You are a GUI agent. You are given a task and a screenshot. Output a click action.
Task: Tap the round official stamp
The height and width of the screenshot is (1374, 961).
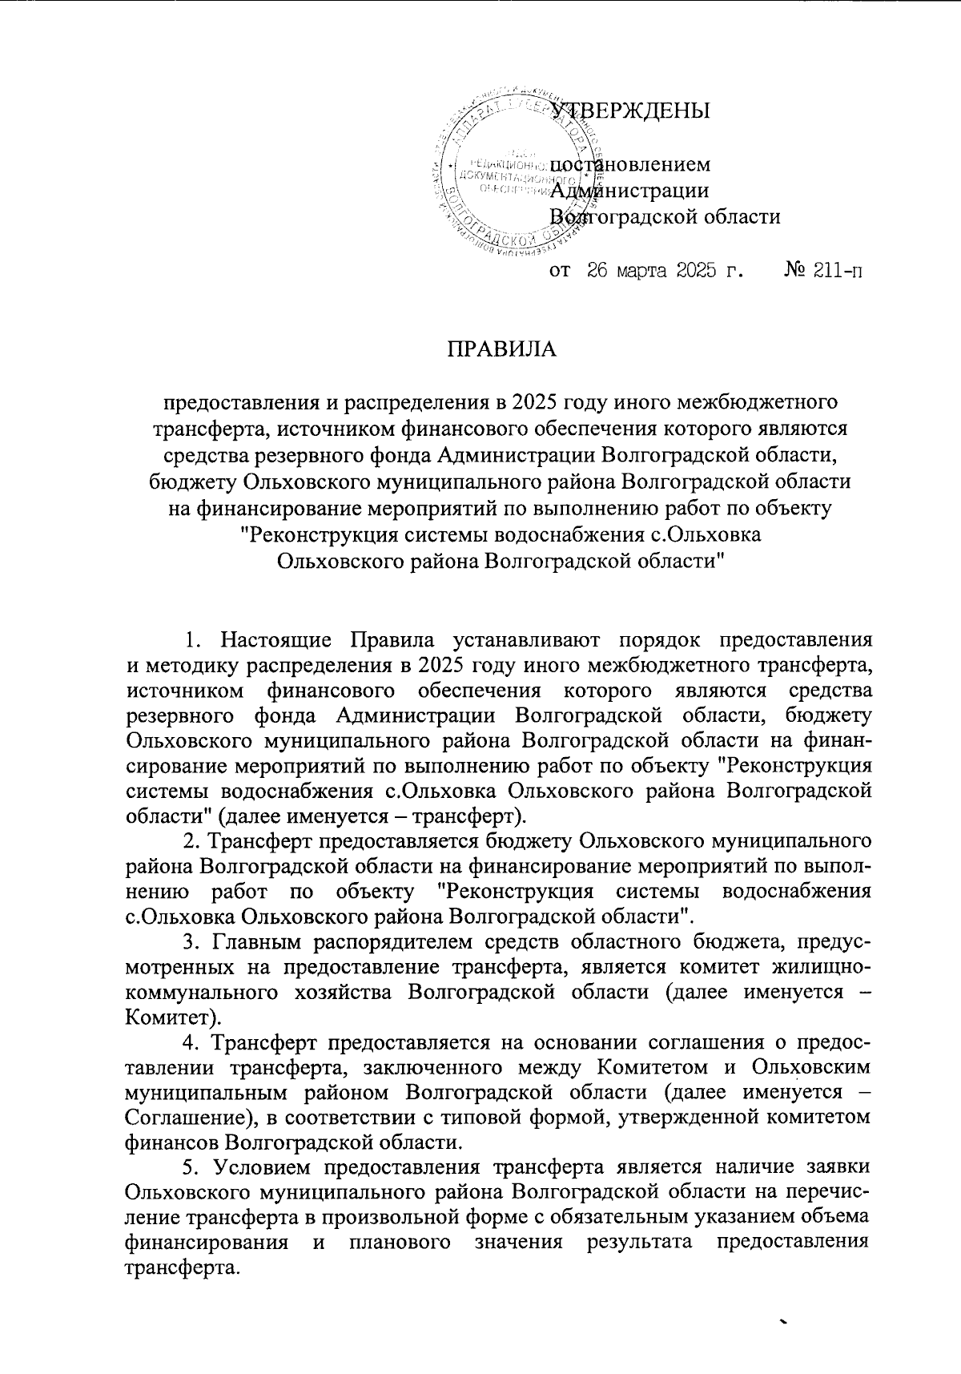tap(517, 170)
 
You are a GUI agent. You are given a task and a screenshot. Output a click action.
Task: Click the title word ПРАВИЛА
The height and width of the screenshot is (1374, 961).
tap(501, 350)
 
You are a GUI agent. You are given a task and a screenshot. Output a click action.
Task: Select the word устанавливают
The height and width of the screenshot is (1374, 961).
tap(547, 641)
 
